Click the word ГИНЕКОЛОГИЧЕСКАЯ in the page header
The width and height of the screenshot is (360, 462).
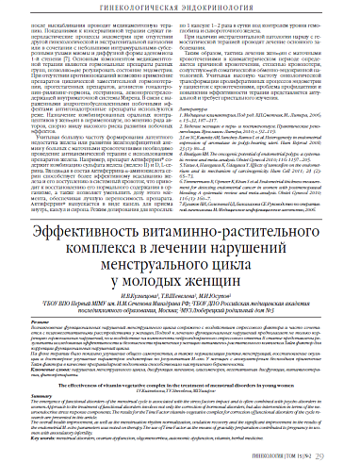[x=140, y=8]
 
